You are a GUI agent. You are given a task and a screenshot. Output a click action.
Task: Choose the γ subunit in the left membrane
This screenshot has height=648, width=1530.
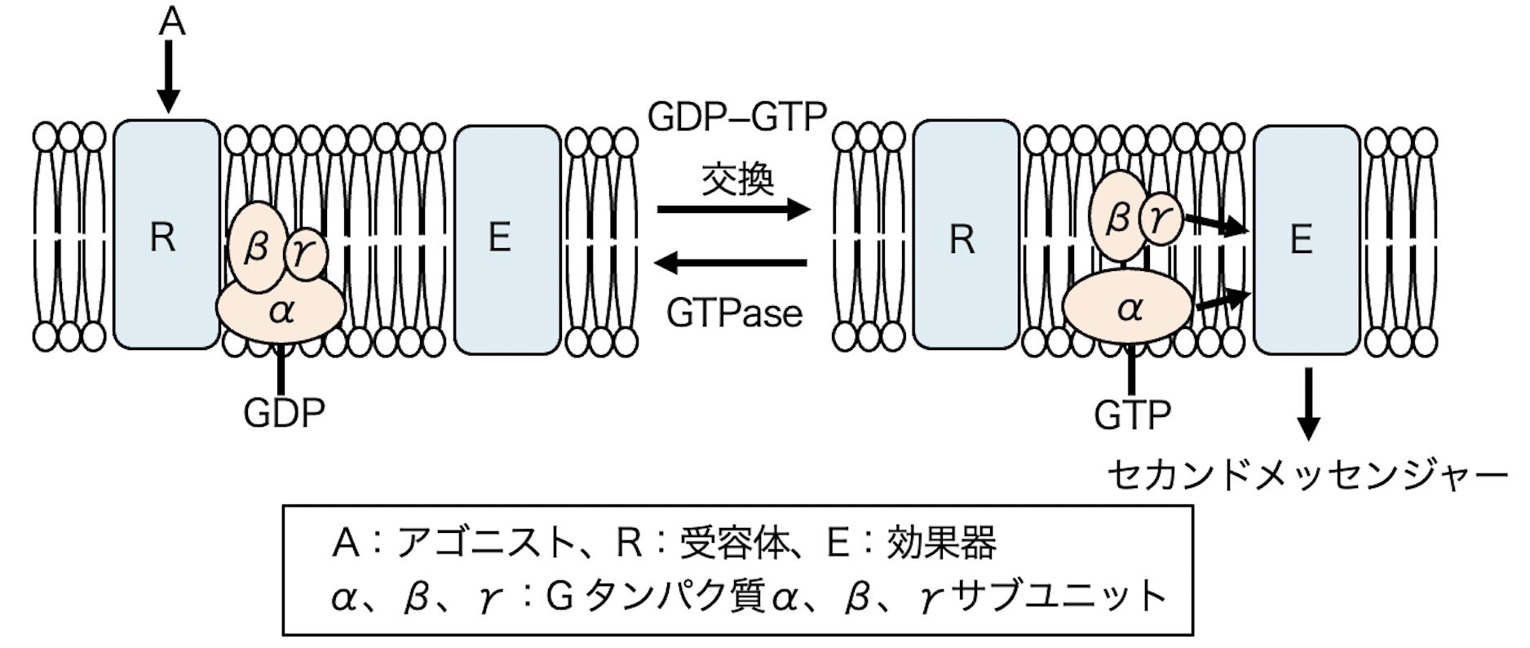click(305, 254)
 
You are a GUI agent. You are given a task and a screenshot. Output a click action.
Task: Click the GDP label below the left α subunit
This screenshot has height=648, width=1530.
click(284, 413)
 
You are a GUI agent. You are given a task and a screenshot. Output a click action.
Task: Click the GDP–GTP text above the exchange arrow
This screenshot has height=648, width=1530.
click(737, 117)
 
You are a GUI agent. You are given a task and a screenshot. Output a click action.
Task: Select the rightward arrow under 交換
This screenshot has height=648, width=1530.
click(734, 210)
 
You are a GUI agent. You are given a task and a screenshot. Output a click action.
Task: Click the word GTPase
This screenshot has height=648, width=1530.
click(734, 313)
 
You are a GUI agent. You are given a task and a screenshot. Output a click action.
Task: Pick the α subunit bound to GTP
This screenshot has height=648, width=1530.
click(1129, 308)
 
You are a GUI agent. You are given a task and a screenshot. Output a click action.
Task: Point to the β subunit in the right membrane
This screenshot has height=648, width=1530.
click(1117, 217)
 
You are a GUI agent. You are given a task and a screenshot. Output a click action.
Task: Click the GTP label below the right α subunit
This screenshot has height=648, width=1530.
click(1132, 415)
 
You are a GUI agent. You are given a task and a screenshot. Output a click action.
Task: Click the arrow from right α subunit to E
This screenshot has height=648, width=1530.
click(1221, 300)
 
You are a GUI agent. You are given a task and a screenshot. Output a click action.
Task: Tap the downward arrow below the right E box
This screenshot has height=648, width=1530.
click(1308, 404)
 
